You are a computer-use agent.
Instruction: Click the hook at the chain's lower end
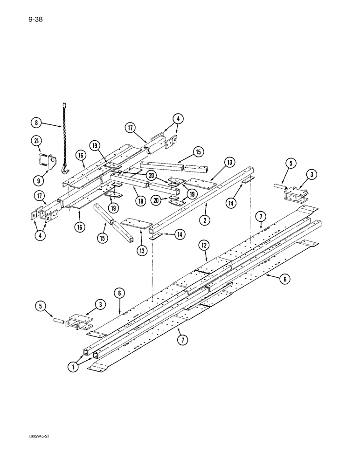pyautogui.click(x=66, y=170)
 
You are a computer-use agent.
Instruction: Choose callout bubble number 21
pyautogui.click(x=37, y=142)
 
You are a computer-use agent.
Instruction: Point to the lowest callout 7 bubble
pyautogui.click(x=183, y=341)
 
